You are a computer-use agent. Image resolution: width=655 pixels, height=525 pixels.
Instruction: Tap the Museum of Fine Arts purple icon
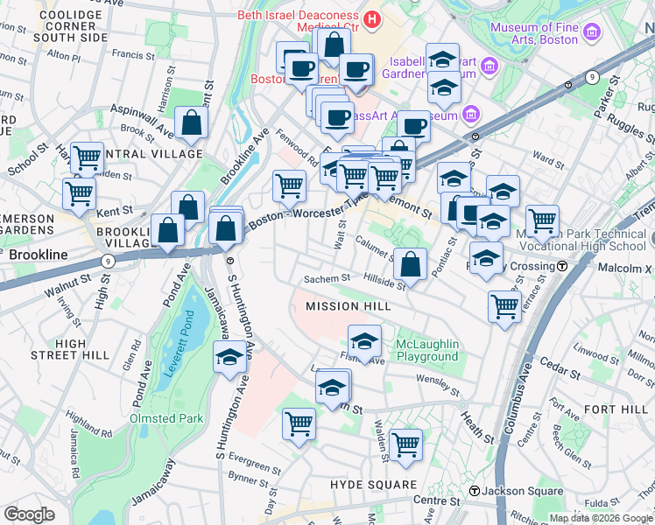pos(593,33)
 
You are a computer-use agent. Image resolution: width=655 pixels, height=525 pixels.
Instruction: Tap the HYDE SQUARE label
pos(373,485)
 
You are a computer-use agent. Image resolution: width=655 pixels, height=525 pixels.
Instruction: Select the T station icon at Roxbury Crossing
pos(563,265)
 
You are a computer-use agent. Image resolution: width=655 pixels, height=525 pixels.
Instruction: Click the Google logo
pos(30,514)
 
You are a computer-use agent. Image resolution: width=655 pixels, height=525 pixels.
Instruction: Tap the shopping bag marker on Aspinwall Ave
pos(191,123)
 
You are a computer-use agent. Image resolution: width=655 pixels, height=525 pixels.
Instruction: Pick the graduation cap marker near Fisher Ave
pos(365,340)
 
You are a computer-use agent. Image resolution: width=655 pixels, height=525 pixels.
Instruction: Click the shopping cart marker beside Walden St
pos(405,444)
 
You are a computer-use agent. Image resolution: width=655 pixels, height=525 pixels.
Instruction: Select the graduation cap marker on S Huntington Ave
pos(229,357)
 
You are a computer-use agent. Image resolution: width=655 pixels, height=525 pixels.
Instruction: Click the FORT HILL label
pos(616,409)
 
